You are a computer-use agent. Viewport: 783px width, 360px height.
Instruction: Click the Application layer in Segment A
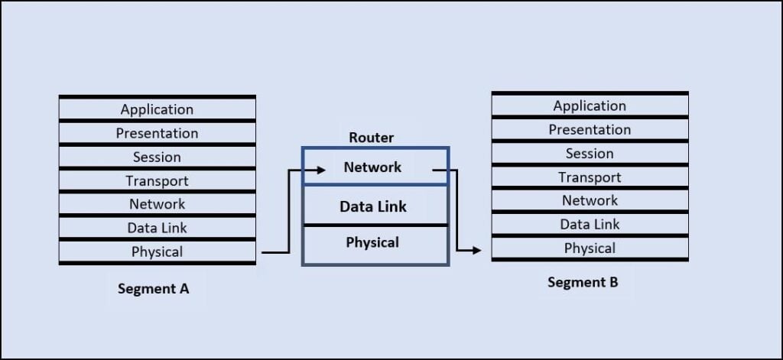(x=158, y=109)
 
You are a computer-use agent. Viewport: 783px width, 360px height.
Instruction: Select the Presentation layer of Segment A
(x=158, y=133)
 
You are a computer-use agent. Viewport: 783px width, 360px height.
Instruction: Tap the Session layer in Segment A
(x=158, y=157)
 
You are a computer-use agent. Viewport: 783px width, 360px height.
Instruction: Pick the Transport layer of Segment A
(x=158, y=180)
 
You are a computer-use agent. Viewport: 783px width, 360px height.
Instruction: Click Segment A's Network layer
(x=158, y=204)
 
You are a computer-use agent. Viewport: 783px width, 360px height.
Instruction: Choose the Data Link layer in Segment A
(x=158, y=228)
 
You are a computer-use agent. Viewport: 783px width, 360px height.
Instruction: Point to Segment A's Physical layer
(x=158, y=251)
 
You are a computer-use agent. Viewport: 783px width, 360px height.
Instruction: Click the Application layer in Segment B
(x=590, y=105)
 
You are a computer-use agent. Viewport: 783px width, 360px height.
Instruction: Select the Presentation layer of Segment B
(x=590, y=130)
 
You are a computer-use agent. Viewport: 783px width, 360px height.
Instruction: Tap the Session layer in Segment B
(x=590, y=154)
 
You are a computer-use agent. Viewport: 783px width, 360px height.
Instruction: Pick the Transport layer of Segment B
(x=590, y=177)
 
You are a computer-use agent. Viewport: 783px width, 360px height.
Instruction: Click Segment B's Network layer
(x=590, y=200)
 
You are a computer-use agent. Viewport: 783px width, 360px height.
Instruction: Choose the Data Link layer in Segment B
(x=590, y=224)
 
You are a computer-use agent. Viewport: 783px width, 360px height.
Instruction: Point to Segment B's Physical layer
(x=590, y=248)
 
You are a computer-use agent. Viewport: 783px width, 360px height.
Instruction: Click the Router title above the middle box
(x=372, y=138)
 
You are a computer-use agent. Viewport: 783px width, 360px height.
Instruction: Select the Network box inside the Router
(x=375, y=167)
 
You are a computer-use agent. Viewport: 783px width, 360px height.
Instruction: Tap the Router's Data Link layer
(x=375, y=206)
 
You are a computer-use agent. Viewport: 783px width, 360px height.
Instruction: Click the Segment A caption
(x=153, y=289)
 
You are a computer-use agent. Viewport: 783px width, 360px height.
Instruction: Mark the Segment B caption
(x=583, y=282)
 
